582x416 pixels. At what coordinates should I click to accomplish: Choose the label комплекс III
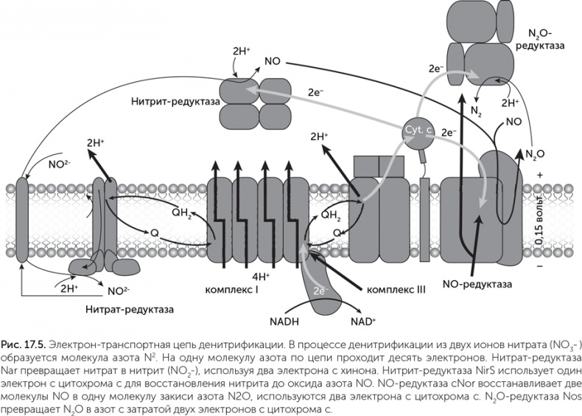[396, 289]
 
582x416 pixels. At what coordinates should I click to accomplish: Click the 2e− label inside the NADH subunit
[319, 290]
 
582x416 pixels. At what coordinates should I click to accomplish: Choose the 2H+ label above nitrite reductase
[241, 52]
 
